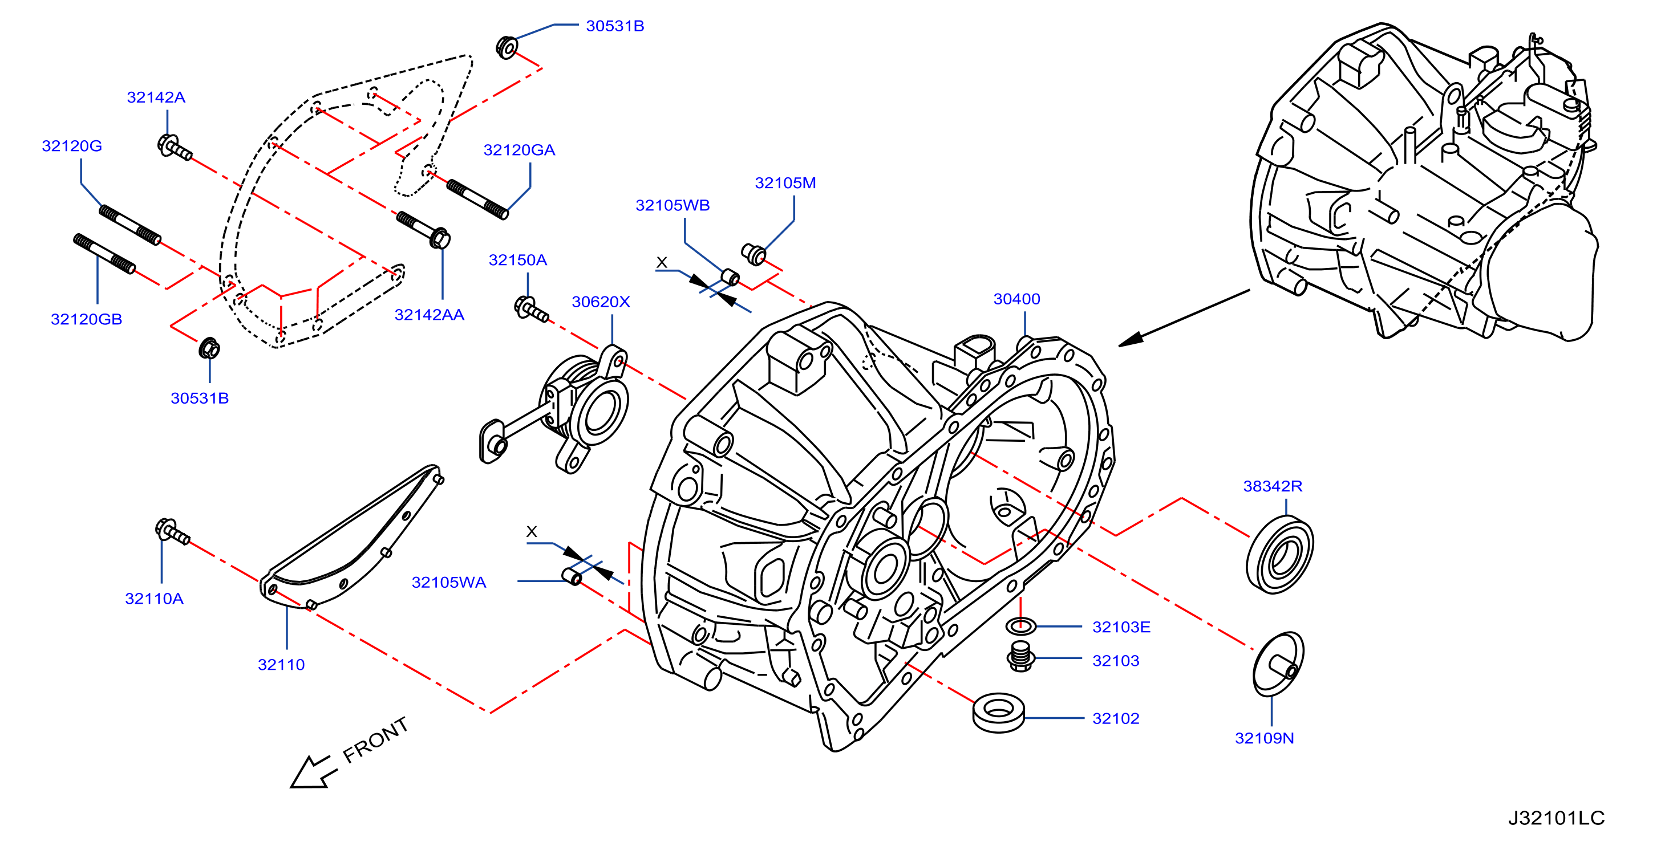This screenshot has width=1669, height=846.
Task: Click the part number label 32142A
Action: (x=156, y=97)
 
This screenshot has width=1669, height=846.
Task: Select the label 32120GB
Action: (x=86, y=319)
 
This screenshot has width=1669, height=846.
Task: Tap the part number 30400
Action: (x=1016, y=299)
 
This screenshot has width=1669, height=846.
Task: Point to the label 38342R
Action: (x=1273, y=486)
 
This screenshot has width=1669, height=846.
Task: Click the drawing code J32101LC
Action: (x=1556, y=818)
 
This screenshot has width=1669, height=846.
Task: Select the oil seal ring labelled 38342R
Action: (x=1279, y=554)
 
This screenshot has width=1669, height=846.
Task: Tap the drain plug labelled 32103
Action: (x=1020, y=657)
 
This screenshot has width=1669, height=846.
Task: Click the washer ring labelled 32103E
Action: (x=1020, y=626)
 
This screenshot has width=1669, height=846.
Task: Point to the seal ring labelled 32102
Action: (x=999, y=713)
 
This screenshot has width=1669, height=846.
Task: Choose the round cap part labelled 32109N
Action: (x=1278, y=664)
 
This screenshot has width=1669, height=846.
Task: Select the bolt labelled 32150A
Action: (x=531, y=309)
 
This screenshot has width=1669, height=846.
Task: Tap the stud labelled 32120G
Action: (x=129, y=225)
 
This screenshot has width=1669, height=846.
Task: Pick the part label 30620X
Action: (x=601, y=302)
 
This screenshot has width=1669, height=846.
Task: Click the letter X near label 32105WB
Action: (x=662, y=262)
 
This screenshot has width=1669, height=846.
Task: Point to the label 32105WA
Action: (x=449, y=583)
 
